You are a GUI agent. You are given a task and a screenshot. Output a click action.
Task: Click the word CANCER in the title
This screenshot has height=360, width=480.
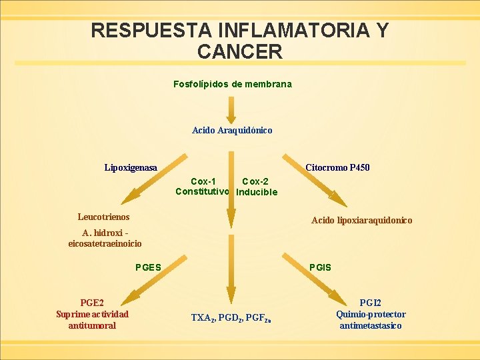pyautogui.click(x=240, y=51)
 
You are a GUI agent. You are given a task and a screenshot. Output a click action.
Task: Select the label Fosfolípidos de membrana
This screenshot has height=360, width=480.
pyautogui.click(x=232, y=85)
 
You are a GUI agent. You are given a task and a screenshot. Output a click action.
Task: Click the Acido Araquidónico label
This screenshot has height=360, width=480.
pyautogui.click(x=232, y=131)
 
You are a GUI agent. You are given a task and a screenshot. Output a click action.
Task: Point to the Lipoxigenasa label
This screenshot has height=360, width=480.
pyautogui.click(x=131, y=168)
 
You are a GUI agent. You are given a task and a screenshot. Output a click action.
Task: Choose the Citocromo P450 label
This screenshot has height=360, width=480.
pyautogui.click(x=337, y=168)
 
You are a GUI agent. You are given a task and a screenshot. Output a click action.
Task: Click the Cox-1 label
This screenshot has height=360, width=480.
pyautogui.click(x=203, y=181)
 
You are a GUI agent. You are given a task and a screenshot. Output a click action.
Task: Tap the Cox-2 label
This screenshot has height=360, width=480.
pyautogui.click(x=255, y=181)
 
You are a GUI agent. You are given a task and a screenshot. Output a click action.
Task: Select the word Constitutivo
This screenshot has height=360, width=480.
pyautogui.click(x=203, y=192)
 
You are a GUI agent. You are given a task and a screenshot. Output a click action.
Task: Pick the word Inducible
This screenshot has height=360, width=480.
pyautogui.click(x=257, y=193)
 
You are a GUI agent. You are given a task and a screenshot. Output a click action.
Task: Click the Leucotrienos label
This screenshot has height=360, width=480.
pyautogui.click(x=103, y=217)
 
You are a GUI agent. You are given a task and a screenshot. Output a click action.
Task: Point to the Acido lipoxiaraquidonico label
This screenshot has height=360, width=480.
pyautogui.click(x=362, y=221)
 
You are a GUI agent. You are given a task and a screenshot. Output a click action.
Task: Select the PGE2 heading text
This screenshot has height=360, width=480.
pyautogui.click(x=91, y=303)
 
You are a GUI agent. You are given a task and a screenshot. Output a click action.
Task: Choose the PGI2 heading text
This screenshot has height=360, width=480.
pyautogui.click(x=371, y=303)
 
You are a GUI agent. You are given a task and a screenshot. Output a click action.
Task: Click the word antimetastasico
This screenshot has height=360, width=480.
pyautogui.click(x=371, y=326)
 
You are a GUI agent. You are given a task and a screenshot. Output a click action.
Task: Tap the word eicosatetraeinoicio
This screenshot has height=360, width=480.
pyautogui.click(x=105, y=244)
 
